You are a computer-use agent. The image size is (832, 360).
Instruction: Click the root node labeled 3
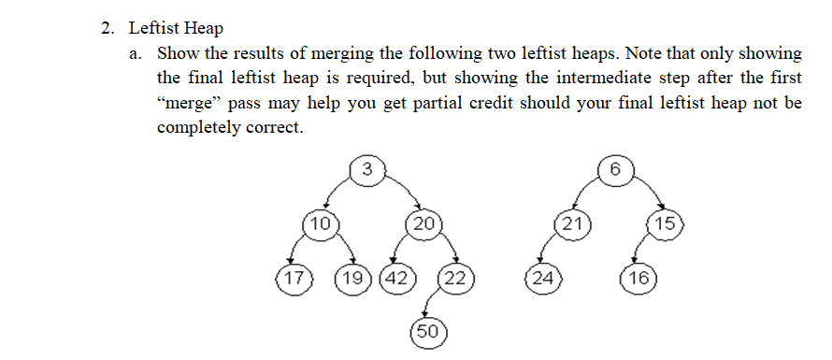pos(367,169)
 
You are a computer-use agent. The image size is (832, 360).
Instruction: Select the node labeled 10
pos(321,224)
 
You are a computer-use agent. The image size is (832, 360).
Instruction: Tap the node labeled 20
pos(423,224)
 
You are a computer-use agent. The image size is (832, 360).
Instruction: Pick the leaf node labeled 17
pos(294,278)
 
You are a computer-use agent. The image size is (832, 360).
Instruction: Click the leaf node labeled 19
pos(354,278)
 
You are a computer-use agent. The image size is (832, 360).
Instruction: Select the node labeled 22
pos(455,278)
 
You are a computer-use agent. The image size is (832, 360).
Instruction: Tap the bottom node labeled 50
pos(427,331)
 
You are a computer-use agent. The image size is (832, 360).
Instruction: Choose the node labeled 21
pos(569,224)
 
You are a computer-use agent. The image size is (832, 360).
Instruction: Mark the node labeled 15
pos(666,224)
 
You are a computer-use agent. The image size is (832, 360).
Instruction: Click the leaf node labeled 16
pos(639,278)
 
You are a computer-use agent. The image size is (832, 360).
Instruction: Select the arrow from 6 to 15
pos(646,194)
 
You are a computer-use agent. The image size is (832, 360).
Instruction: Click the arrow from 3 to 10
pos(338,193)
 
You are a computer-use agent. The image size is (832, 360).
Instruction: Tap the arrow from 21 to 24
pos(552,251)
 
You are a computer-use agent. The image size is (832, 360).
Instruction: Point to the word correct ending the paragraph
pos(275,127)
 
